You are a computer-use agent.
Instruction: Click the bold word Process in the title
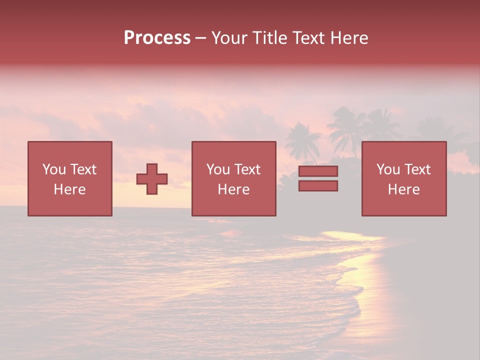[157, 38]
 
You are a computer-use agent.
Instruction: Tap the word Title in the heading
[270, 38]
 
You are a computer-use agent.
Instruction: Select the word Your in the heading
[229, 38]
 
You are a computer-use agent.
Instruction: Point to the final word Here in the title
[350, 38]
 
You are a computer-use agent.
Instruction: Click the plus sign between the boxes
[152, 179]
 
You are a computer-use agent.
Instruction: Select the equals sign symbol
[318, 178]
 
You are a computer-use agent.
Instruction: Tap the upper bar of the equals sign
[318, 171]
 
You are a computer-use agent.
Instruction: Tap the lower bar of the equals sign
[318, 185]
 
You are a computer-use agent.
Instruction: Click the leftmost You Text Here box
[69, 178]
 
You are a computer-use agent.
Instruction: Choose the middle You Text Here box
[233, 178]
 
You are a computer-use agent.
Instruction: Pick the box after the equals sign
[403, 178]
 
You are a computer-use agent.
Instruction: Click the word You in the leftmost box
[54, 169]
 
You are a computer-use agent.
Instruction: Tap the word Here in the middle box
[233, 189]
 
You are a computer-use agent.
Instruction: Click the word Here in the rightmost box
[403, 189]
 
